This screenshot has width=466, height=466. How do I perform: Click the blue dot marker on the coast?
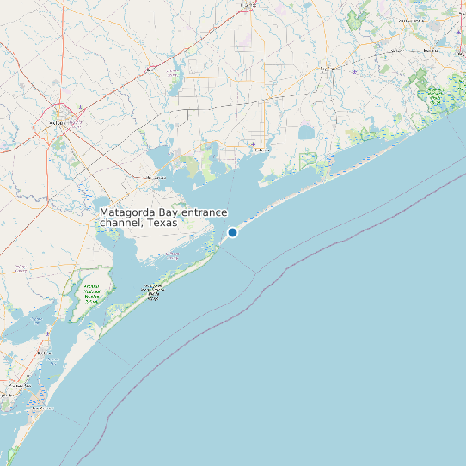[232, 232]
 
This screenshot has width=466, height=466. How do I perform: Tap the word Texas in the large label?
[162, 223]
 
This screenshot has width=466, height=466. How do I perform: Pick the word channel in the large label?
[120, 223]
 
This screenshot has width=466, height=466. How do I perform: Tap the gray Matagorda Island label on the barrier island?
[154, 291]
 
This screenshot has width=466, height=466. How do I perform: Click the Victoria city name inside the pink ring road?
[58, 123]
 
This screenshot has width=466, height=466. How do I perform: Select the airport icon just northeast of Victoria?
[81, 107]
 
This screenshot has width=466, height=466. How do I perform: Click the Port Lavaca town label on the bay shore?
[156, 177]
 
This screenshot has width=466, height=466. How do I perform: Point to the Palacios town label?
[259, 150]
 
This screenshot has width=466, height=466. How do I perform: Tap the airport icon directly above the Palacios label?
[253, 144]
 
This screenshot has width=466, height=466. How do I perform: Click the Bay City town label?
[327, 66]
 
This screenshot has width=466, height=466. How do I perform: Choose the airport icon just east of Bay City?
[355, 71]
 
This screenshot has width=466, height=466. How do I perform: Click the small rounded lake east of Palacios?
[307, 133]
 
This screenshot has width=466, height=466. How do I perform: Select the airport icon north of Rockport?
[47, 332]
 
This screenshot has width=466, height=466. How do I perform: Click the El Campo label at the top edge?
[248, 4]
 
